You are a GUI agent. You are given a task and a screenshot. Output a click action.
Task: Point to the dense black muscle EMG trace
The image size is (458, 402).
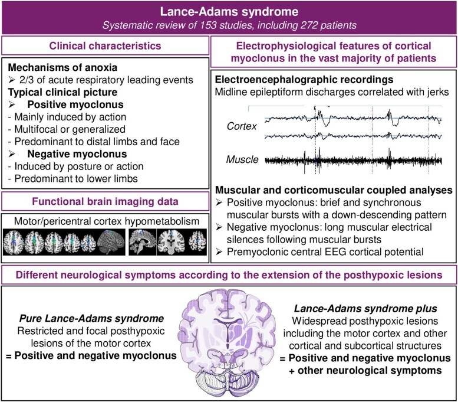click(354, 159)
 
